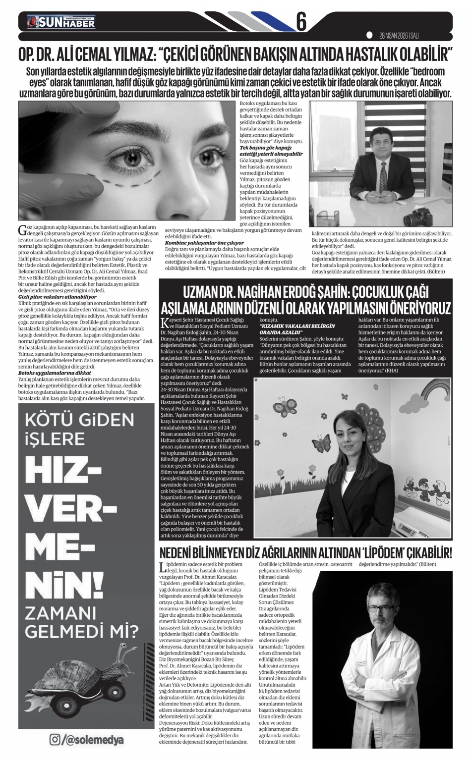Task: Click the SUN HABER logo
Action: click(x=61, y=22)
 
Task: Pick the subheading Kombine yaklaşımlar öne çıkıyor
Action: click(x=204, y=243)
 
